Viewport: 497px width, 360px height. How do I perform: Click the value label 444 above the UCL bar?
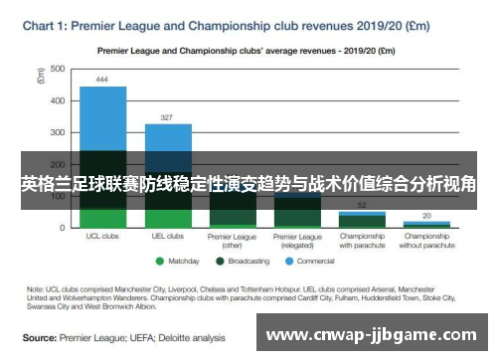(102, 80)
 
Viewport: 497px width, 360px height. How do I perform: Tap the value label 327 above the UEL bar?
(167, 116)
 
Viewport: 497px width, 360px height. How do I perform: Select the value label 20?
(426, 216)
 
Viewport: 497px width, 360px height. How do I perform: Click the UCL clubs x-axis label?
(102, 237)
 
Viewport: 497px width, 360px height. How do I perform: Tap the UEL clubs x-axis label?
(167, 237)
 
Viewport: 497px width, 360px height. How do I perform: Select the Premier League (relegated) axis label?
(297, 241)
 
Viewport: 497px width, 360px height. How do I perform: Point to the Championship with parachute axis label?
(362, 241)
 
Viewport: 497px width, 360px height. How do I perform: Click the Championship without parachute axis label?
(426, 241)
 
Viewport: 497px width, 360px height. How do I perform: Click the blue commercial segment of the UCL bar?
(102, 117)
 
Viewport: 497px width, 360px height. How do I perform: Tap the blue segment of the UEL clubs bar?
(167, 137)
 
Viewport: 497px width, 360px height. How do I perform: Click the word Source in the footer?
(40, 337)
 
